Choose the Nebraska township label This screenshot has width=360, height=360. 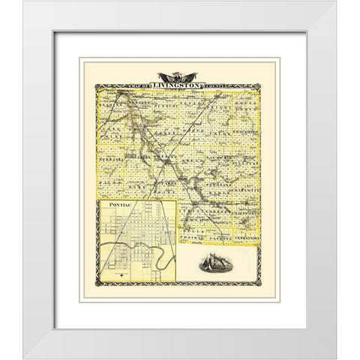[112, 160]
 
